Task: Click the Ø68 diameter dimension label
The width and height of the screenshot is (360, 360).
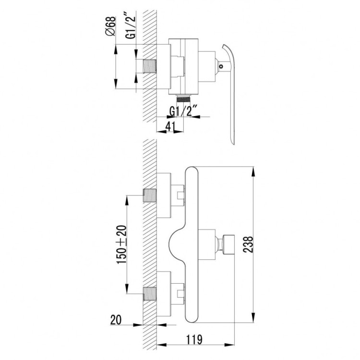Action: click(x=110, y=26)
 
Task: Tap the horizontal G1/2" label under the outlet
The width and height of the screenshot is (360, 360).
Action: click(x=183, y=111)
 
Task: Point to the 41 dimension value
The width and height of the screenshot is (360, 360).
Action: click(x=170, y=127)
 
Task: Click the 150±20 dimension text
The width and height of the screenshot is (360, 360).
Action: click(x=122, y=244)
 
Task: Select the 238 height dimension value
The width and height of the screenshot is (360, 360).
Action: click(x=248, y=244)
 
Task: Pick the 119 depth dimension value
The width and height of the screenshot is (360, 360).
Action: click(x=194, y=339)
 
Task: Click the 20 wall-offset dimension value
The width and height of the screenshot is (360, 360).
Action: click(x=116, y=320)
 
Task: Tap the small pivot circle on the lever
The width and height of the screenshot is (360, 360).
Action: click(x=221, y=67)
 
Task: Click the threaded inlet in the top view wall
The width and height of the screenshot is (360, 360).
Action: click(x=150, y=66)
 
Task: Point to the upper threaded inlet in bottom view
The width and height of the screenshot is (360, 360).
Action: click(x=150, y=195)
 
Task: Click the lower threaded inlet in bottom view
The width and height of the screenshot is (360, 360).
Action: click(x=150, y=294)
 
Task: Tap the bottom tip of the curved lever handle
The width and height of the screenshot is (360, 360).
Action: click(x=233, y=144)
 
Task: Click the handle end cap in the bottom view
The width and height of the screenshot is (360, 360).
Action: click(x=228, y=244)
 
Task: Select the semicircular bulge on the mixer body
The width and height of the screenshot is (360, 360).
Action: click(x=177, y=245)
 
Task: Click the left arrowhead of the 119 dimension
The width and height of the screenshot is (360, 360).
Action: click(x=161, y=345)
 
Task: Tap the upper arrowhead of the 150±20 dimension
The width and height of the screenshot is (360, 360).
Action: click(x=127, y=200)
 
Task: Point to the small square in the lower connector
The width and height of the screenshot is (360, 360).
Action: click(x=180, y=293)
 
